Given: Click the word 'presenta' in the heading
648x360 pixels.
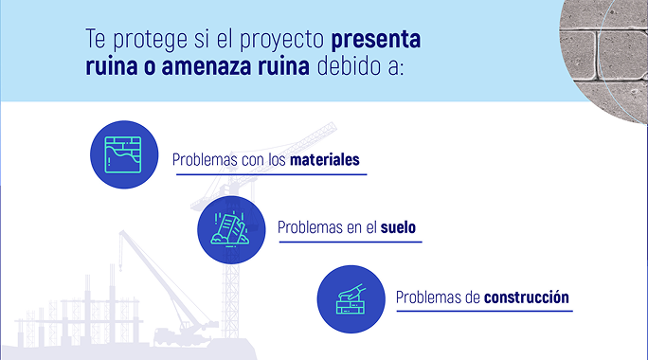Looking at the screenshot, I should click(x=375, y=44).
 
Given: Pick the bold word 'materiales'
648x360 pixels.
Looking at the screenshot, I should click(x=325, y=160).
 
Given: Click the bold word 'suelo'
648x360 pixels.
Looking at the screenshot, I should click(x=398, y=228).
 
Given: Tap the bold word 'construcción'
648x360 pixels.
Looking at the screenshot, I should click(x=526, y=297).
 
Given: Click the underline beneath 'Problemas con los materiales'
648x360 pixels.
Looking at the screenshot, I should click(x=268, y=175).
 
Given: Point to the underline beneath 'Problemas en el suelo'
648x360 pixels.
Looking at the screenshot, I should click(x=350, y=243).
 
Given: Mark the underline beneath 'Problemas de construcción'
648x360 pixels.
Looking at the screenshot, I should click(x=484, y=312).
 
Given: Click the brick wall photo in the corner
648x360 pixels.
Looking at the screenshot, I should click(x=605, y=47).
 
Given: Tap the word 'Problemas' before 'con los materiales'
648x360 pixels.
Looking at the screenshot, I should click(x=205, y=160).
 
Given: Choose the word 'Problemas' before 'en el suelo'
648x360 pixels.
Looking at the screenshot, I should click(x=310, y=228).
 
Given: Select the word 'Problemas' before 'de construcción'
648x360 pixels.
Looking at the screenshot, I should click(x=428, y=297).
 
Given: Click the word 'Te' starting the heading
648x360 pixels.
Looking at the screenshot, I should click(x=96, y=44).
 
